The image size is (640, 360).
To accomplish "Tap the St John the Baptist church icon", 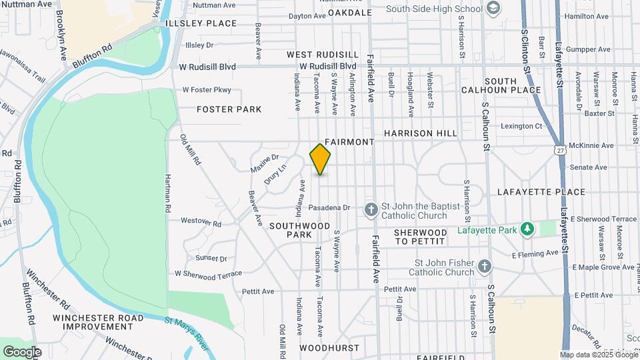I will point(371,210).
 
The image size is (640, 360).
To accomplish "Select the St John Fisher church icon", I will point(485,267).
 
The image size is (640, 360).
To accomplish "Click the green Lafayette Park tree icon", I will point(527,229).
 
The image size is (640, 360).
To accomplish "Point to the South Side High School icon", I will point(493,9).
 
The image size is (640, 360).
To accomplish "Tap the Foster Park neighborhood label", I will point(229,109).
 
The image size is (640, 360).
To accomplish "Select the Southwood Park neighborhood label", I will point(300,230).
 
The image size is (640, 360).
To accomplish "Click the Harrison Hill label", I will point(420,133).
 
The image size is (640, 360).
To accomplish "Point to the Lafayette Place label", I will point(541,192).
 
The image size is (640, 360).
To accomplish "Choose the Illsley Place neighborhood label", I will point(201,23).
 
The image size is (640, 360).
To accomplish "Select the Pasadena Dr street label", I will point(329,208).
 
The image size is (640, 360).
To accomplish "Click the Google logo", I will point(22,351).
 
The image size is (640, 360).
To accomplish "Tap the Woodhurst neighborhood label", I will point(329,348).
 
